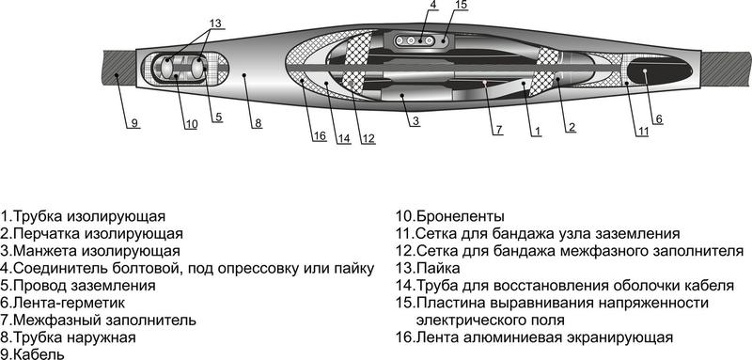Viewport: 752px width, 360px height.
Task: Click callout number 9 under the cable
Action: click(133, 123)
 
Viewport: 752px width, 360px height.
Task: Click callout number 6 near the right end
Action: click(658, 118)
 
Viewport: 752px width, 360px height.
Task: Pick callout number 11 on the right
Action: click(642, 131)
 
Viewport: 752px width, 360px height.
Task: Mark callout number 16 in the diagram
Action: click(321, 137)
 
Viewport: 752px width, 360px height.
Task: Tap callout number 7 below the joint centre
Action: click(498, 129)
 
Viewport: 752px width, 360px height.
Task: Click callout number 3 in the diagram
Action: click(414, 122)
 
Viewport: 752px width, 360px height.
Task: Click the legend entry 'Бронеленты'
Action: click(449, 216)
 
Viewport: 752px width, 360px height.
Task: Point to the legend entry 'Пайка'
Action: click(429, 268)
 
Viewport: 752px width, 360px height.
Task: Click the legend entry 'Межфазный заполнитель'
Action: click(98, 320)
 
